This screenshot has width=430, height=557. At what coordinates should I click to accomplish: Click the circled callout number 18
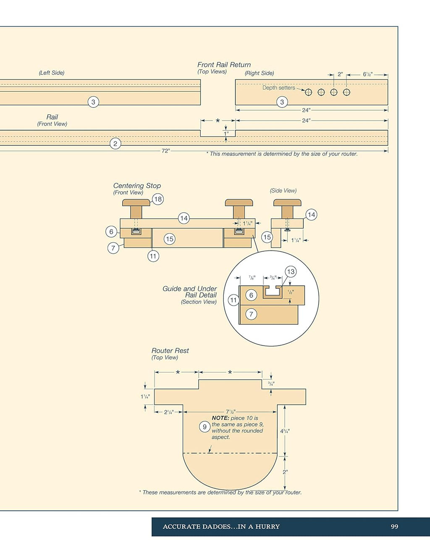[158, 199]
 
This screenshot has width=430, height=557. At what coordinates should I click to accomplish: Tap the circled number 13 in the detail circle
[291, 272]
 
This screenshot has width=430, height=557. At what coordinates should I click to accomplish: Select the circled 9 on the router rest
[205, 427]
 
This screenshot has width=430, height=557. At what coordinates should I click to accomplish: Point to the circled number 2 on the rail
[115, 143]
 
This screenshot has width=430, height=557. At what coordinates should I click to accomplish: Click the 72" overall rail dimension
[166, 151]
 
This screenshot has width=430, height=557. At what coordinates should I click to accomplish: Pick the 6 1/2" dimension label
[368, 74]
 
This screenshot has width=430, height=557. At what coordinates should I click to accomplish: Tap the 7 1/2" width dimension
[231, 412]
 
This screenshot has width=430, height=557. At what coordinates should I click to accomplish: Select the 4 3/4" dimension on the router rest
[285, 431]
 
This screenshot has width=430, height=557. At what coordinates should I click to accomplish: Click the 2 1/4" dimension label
[169, 412]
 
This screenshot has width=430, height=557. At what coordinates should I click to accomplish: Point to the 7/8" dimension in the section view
[252, 277]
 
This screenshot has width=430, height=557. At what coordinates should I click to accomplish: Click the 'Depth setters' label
[278, 88]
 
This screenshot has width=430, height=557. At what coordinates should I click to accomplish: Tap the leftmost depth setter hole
[308, 92]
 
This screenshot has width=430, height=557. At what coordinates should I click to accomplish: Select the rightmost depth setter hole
[346, 92]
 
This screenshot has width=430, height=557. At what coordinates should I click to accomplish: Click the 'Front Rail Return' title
[224, 65]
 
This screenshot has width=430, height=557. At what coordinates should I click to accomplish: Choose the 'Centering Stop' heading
[137, 185]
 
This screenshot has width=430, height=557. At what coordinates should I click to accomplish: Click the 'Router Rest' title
[170, 351]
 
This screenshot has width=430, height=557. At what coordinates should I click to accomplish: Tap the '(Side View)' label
[283, 190]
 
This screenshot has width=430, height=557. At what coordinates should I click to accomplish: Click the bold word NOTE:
[220, 418]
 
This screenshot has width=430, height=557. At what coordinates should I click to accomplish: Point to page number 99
[394, 526]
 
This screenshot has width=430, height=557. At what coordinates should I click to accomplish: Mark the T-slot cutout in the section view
[273, 292]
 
